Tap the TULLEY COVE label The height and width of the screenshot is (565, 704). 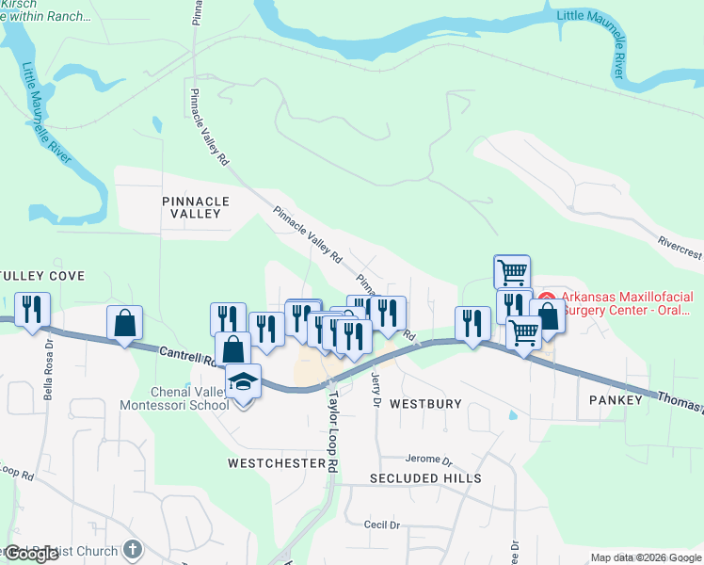click(44, 276)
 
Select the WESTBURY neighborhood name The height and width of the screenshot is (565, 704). click(425, 404)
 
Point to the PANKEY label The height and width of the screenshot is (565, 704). click(616, 400)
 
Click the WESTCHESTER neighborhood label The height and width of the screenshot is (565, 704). click(276, 463)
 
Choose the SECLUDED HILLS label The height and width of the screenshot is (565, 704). click(412, 478)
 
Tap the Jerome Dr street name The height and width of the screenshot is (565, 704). click(429, 460)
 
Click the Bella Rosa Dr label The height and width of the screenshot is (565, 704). click(48, 378)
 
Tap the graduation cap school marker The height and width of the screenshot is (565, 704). click(245, 381)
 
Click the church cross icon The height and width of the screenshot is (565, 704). click(133, 549)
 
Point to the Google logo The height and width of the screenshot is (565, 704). click(31, 554)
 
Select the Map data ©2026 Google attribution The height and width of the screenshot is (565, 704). click(645, 557)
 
